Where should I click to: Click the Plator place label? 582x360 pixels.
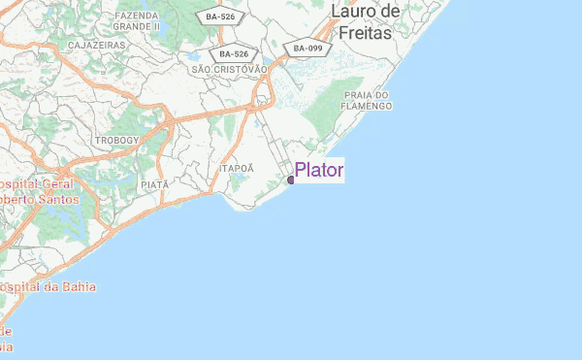pos(319,171)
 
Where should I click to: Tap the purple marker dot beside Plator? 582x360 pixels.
pos(291,180)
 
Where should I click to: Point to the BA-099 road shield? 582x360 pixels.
pos(308,48)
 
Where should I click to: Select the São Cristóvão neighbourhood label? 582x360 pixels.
pos(229,69)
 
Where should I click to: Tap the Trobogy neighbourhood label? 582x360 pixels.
pos(117,141)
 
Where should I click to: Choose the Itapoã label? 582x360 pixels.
pos(237,167)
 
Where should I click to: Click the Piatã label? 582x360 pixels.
pos(154,183)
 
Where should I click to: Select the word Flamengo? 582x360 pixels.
pos(366,107)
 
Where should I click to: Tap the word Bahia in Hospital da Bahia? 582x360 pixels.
pos(74,287)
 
